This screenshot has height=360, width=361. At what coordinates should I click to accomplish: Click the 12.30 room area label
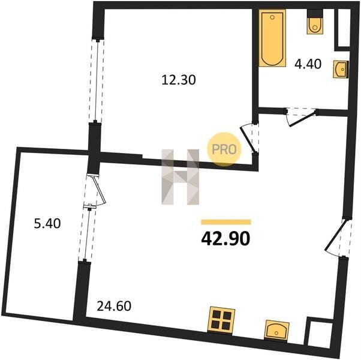click(x=179, y=80)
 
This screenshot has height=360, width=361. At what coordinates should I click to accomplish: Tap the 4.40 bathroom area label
click(x=308, y=64)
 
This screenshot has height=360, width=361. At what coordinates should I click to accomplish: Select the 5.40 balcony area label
click(x=47, y=223)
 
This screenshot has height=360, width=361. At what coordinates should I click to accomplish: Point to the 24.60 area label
click(x=114, y=306)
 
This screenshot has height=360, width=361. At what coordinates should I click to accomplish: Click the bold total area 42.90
click(x=225, y=239)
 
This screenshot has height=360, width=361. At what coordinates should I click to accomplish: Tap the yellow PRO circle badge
click(x=224, y=149)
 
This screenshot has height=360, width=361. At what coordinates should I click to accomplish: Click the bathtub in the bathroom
click(x=272, y=38)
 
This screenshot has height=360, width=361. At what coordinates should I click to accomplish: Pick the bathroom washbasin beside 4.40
click(x=341, y=69)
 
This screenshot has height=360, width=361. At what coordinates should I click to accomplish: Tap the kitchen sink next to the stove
click(x=276, y=330)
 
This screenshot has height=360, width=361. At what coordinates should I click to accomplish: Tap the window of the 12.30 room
click(x=97, y=80)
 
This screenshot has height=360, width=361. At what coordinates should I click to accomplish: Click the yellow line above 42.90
click(x=226, y=222)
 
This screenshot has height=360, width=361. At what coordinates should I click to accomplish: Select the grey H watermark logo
click(x=180, y=177)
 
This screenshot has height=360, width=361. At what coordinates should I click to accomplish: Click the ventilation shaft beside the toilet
click(x=344, y=28)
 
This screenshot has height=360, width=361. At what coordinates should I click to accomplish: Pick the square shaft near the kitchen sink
click(x=320, y=334)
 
